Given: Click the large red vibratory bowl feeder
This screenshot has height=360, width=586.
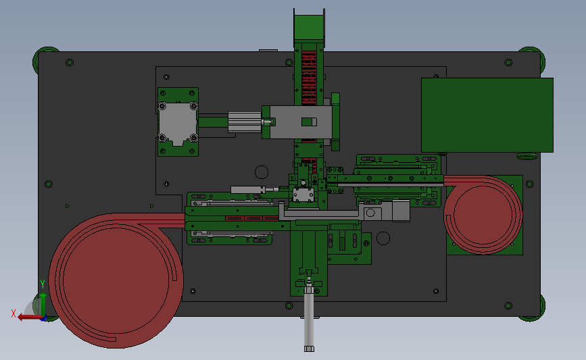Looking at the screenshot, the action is tap(116, 281).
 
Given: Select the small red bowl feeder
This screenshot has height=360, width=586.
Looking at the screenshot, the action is tap(483, 215).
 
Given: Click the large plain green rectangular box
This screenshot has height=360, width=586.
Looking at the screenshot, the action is tap(487, 115).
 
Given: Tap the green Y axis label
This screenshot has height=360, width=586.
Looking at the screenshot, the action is tap(43, 284).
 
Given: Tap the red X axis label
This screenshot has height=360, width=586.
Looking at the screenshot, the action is tap(14, 313).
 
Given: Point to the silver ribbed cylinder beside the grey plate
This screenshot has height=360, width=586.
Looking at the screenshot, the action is tap(245, 122).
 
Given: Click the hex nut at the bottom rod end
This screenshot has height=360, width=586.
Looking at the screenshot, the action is tap(309, 349).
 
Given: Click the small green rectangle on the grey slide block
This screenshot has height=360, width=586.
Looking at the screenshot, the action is tap(309, 122).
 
